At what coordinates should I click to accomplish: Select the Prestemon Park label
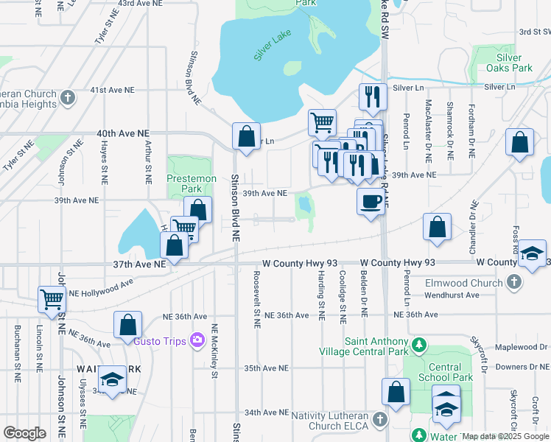192,183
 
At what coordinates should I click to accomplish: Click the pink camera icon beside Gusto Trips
197,340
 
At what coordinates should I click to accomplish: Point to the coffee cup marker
370,200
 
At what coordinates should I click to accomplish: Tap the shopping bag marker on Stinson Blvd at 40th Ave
246,136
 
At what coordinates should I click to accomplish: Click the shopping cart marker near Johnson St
52,300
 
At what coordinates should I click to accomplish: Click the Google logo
24,433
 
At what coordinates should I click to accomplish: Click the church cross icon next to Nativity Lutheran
380,419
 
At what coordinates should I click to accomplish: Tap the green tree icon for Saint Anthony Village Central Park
419,344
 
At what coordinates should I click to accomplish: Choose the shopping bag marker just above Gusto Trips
127,324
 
